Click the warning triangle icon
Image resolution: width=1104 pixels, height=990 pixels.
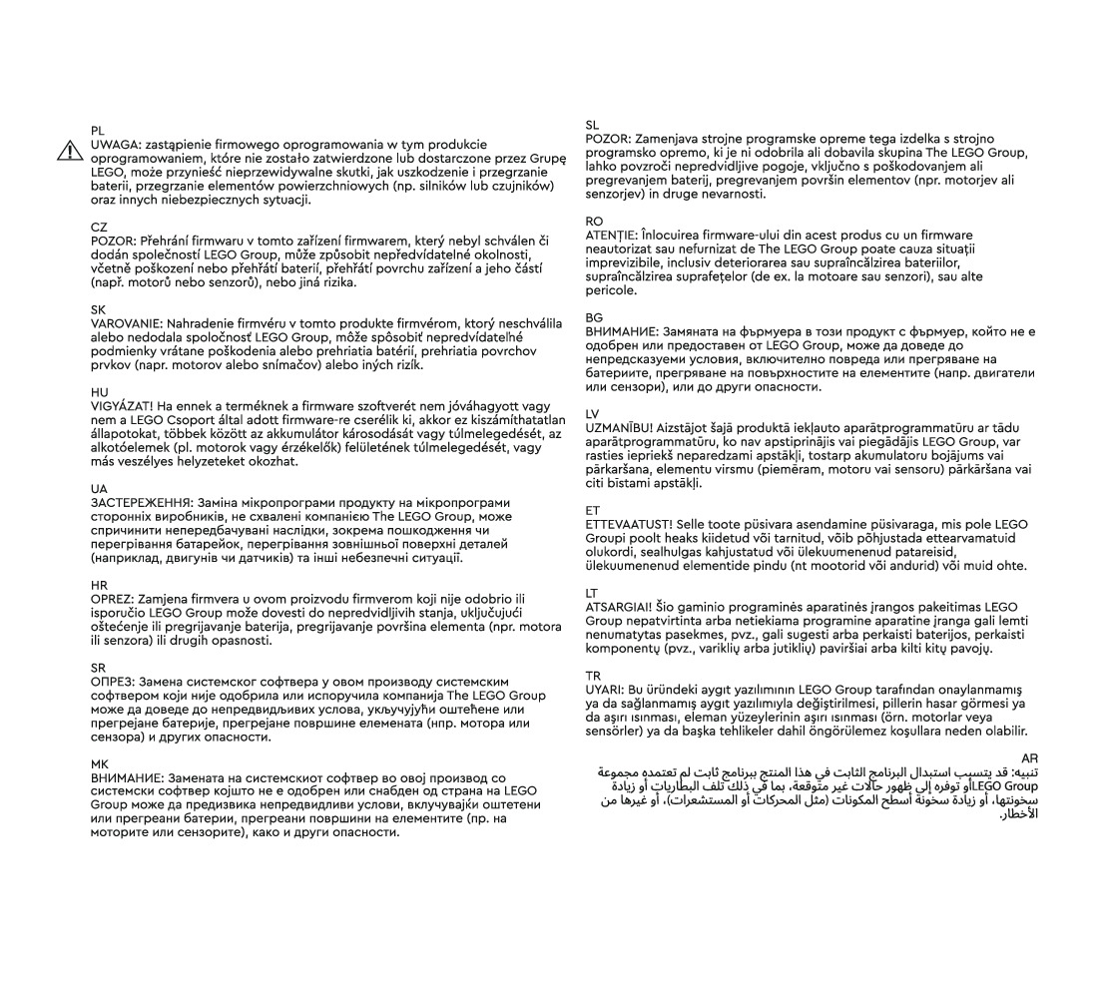coord(70,150)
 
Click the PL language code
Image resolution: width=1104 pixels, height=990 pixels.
coord(98,131)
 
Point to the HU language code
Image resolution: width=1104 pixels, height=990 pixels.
coord(99,393)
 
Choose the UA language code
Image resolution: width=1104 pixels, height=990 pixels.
coord(99,489)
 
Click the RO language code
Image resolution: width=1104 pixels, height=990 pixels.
coord(594,220)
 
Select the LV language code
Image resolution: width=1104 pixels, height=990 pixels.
coord(593,412)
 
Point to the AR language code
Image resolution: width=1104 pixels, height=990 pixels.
coord(1031,759)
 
